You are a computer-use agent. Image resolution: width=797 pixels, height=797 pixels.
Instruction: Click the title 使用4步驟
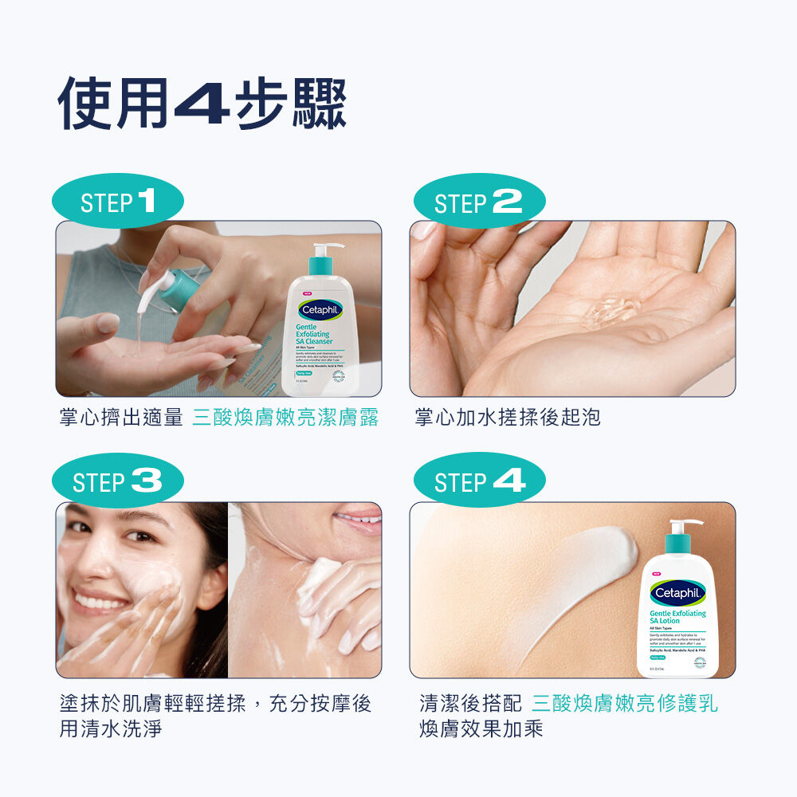click(202, 104)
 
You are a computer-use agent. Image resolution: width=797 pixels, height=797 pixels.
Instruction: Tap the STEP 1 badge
click(118, 202)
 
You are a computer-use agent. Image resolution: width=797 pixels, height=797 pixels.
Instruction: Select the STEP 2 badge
click(478, 202)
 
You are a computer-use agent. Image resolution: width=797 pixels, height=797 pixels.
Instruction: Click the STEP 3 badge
click(118, 481)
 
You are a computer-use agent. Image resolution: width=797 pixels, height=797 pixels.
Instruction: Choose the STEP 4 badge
click(480, 481)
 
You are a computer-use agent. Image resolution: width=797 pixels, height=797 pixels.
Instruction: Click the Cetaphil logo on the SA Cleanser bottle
click(320, 309)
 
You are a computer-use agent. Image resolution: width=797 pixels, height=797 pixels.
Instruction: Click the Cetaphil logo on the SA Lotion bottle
click(677, 594)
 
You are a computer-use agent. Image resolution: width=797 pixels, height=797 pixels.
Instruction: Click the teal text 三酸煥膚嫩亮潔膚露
click(285, 417)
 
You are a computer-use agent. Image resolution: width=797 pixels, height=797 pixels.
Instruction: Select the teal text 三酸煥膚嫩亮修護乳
click(624, 703)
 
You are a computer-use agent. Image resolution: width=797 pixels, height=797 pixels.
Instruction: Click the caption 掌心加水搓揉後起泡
click(508, 417)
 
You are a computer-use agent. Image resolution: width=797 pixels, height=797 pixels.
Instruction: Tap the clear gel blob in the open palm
click(612, 311)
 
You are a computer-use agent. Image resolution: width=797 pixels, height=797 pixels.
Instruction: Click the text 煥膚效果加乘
click(481, 728)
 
